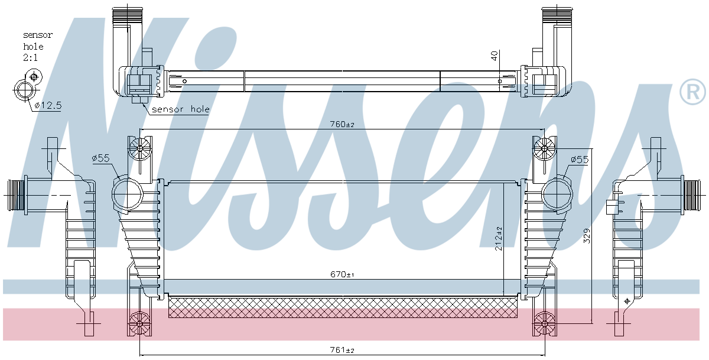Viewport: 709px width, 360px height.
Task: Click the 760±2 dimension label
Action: [x=342, y=125]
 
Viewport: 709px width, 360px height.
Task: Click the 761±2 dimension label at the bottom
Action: [x=342, y=351]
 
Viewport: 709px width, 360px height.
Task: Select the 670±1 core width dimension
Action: [x=342, y=275]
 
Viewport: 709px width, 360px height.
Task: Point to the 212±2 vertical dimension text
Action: [x=499, y=237]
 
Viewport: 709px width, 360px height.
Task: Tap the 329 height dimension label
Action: [x=587, y=237]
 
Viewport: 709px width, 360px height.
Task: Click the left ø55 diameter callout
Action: [x=101, y=158]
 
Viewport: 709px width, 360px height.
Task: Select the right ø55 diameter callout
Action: [x=580, y=160]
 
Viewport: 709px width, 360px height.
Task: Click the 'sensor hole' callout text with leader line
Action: [x=180, y=109]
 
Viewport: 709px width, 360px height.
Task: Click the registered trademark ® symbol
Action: [x=692, y=92]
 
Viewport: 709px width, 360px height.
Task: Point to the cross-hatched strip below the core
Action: [x=343, y=307]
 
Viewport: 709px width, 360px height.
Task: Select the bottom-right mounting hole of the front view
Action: [x=543, y=324]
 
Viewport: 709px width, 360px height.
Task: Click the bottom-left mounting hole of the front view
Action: [x=140, y=324]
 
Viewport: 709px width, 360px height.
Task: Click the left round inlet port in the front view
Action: [x=127, y=194]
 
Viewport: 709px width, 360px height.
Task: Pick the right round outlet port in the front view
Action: [x=557, y=194]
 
